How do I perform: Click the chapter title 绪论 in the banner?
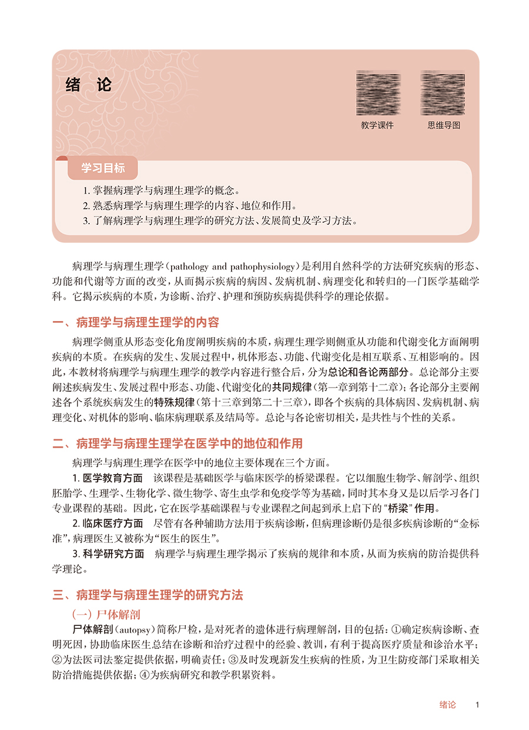[88, 85]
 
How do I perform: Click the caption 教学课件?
[377, 125]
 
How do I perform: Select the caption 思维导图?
[443, 125]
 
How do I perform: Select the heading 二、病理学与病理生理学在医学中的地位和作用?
[178, 443]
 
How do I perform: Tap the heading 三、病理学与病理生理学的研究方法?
[148, 595]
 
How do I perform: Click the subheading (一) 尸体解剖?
[106, 615]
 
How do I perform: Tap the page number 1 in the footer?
[478, 705]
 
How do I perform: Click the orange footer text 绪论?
[448, 705]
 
